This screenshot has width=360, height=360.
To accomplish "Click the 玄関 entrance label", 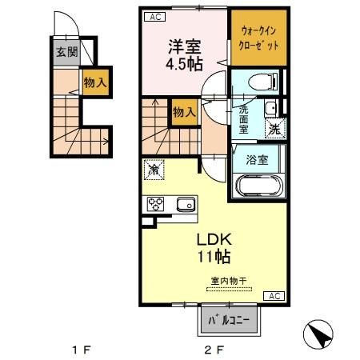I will pos(66,55).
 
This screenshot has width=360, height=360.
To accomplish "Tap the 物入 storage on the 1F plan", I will pos(96,82).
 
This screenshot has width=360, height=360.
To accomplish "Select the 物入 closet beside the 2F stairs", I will pos(184,112).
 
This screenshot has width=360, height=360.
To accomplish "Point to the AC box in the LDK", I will pos(273,296).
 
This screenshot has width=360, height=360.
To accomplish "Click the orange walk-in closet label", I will pos(259,38).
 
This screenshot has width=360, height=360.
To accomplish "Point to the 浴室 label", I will pos(257,158).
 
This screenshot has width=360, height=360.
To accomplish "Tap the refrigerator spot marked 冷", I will pos(154,170).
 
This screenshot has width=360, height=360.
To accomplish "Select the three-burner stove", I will pos(154,203).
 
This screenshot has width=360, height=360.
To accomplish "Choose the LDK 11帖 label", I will pos(214,248).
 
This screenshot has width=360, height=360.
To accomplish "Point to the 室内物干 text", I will pos(229,281).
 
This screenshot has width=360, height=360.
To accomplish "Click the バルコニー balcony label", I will pos(230,322).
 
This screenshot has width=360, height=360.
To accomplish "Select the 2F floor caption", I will pos(212,350).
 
